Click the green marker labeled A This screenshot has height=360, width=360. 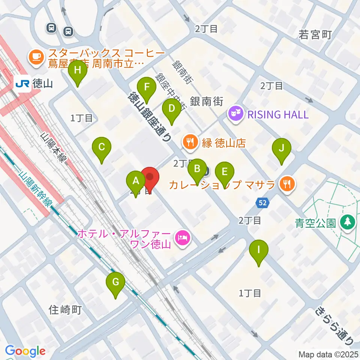coord(136,181)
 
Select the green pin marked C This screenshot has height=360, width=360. coord(102,148)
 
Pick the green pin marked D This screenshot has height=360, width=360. coord(171,109)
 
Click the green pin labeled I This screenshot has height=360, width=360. coord(258,250)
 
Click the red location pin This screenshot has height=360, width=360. coord(150,178)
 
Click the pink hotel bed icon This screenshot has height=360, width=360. coord(183,237)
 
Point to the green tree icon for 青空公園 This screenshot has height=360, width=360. coord(347,221)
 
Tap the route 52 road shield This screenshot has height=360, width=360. coord(263,203)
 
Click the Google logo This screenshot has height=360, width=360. coord(25,351)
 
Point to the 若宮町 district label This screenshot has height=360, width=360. coord(315,35)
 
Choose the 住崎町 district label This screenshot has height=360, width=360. coord(65,310)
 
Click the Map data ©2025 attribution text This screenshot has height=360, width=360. coord(328,354)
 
